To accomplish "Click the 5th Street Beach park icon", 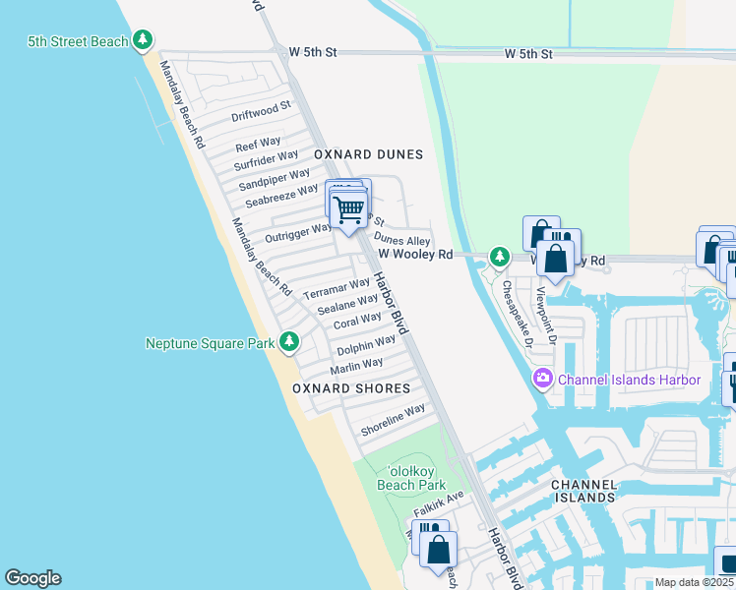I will point(145,40).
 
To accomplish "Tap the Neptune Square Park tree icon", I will point(288,342).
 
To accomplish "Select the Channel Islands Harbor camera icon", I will point(542,380).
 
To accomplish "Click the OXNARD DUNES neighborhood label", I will point(368,154).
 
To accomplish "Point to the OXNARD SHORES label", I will point(351,388).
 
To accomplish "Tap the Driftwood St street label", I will point(261,110).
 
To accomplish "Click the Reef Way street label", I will point(258,144).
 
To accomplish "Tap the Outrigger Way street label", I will point(298,234).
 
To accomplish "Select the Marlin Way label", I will point(356,367).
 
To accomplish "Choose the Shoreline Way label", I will point(393,420).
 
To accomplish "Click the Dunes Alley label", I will point(402,240).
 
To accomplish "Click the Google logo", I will point(32,578).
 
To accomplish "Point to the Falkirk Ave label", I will point(438,504).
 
